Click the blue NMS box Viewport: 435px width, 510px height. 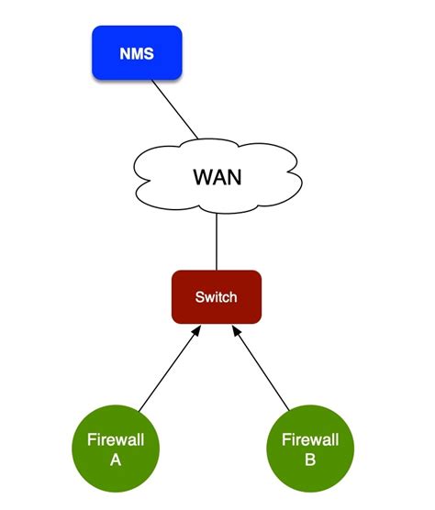pos(137,52)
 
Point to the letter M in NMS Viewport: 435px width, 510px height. pos(137,53)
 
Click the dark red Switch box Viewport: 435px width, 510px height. pos(217,296)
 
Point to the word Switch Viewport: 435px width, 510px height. pos(217,297)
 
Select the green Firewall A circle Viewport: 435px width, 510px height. pos(116,449)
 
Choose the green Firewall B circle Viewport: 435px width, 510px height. pos(309,449)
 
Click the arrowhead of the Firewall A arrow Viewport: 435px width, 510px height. pos(196,329)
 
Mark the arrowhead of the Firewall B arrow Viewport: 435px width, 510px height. pos(238,329)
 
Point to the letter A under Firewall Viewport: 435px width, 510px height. pos(116,460)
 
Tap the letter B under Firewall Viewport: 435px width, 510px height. pos(309,460)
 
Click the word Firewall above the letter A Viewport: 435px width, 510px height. pos(116,440)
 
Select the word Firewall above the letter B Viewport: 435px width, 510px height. pos(309,440)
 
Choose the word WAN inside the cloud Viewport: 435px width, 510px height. pos(217,176)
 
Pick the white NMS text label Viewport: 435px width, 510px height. pos(137,53)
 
